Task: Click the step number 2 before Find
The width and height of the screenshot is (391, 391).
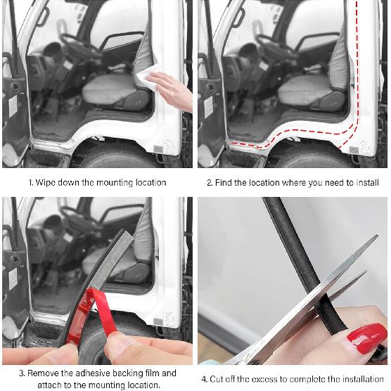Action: point(209,182)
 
